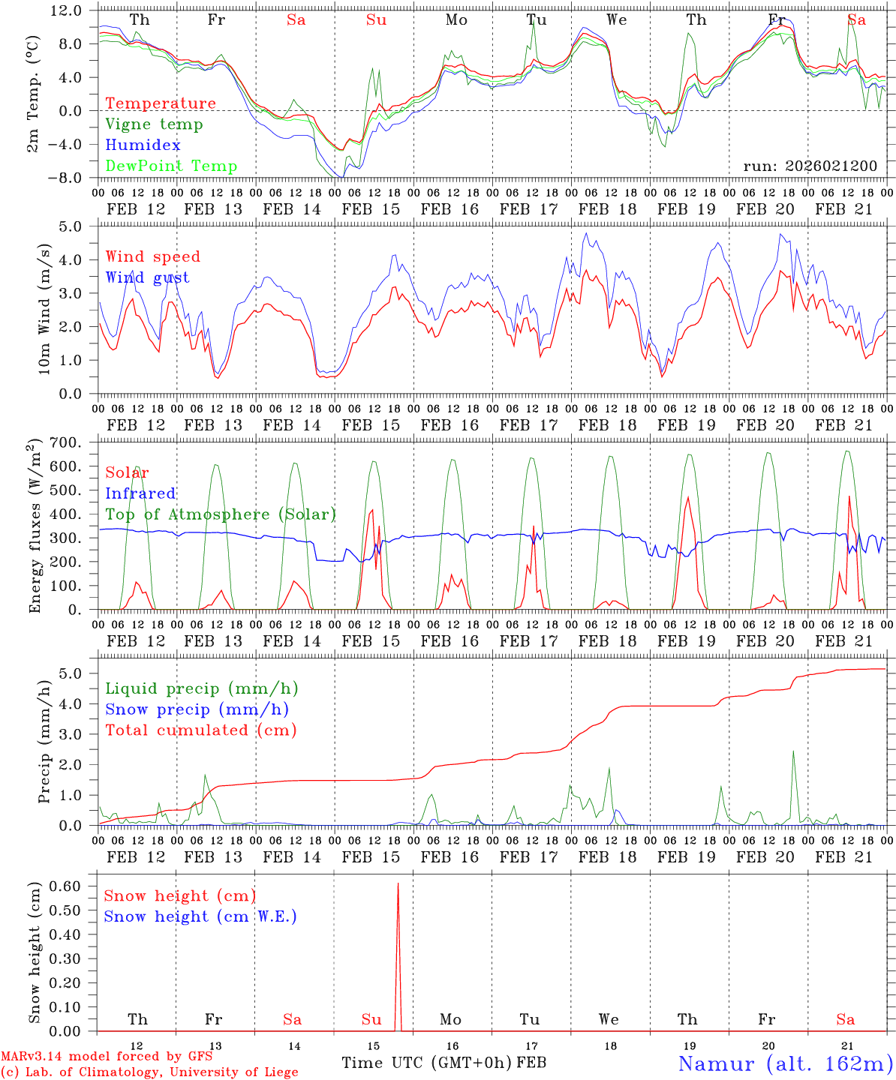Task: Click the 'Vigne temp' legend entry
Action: click(154, 124)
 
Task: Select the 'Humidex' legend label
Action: click(143, 145)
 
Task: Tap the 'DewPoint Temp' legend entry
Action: click(171, 166)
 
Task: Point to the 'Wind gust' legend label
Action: click(147, 277)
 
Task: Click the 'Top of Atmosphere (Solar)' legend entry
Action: click(221, 514)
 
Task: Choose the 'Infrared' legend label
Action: click(140, 493)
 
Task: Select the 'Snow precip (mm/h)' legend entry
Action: click(197, 709)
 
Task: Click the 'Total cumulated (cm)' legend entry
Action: click(200, 730)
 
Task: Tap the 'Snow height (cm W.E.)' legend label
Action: click(200, 916)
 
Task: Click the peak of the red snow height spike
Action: click(398, 884)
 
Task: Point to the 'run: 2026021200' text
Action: click(810, 166)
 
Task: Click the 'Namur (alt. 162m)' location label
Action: click(785, 1063)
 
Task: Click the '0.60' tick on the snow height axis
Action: click(67, 886)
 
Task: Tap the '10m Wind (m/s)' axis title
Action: click(44, 309)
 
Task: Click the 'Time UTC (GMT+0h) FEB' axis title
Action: click(443, 1063)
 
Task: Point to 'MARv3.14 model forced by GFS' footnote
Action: click(107, 1057)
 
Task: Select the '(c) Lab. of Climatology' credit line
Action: click(149, 1072)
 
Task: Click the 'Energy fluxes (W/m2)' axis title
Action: click(35, 527)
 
